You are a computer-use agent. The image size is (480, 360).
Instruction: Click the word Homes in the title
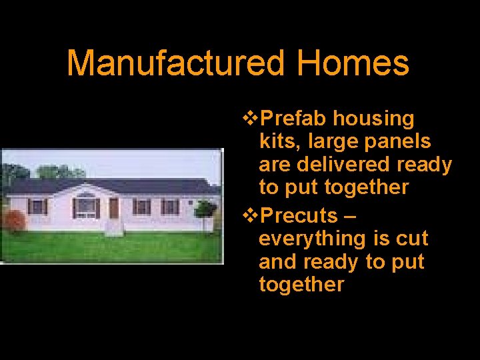[353, 63]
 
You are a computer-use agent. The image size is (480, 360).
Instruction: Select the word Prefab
[294, 119]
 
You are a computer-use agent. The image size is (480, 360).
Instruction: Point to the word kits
[276, 142]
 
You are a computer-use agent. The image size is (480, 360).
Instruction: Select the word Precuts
[299, 216]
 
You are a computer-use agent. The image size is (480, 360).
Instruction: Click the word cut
[413, 239]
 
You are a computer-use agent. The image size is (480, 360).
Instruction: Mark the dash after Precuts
[351, 216]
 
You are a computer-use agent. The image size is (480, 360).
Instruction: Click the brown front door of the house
[113, 208]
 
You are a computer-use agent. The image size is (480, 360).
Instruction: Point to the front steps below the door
[114, 227]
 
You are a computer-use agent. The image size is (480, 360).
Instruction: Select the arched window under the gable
[85, 207]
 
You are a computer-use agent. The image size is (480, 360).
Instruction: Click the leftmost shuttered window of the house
[37, 207]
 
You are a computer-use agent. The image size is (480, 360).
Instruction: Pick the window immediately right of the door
[141, 207]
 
